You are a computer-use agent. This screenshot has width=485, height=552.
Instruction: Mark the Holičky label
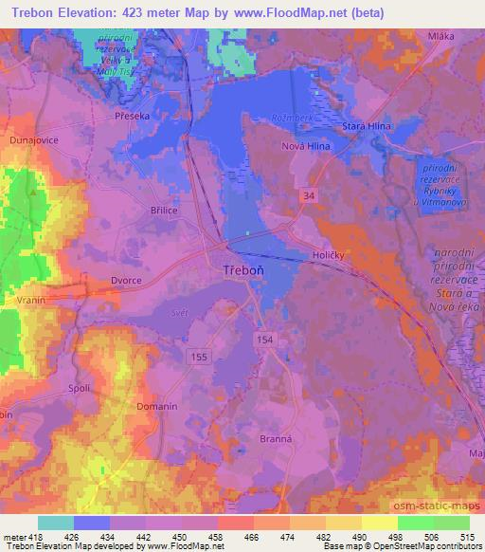coord(332,256)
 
